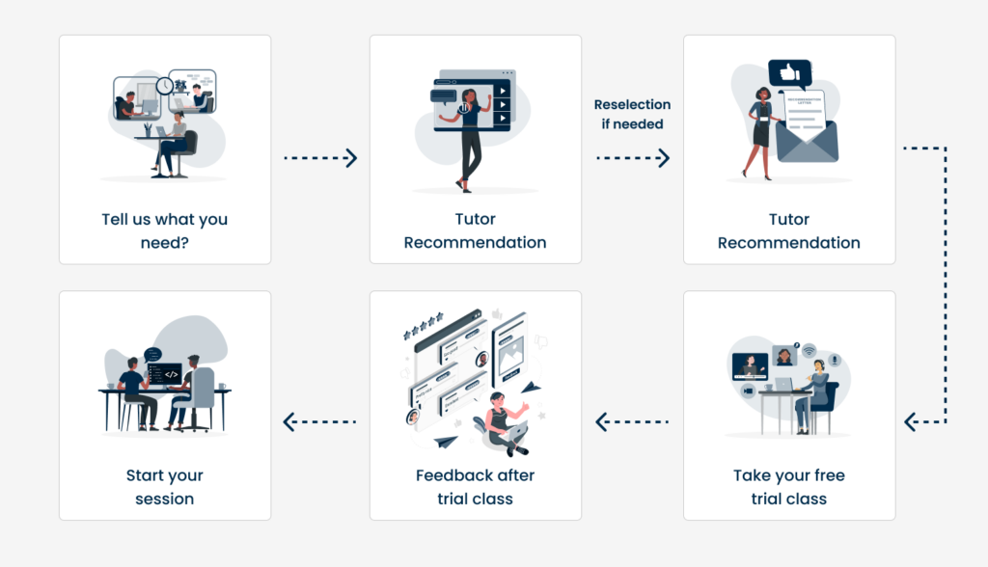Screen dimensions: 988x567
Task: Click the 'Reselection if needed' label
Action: coord(632,114)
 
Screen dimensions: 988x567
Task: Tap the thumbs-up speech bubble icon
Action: coord(789,73)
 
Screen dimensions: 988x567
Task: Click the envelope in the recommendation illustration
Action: coord(808,141)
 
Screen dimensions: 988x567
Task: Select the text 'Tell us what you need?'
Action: coord(164,230)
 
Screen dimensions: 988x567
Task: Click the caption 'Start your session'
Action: coord(164,486)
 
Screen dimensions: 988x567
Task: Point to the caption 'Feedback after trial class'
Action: coord(475,486)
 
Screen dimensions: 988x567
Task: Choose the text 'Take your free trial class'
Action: coord(789,486)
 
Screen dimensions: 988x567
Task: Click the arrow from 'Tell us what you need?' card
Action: coord(320,157)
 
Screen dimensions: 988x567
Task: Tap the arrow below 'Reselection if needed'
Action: coord(633,157)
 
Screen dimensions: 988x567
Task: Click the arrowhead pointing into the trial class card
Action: coord(911,421)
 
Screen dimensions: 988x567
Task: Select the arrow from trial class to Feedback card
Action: coord(632,421)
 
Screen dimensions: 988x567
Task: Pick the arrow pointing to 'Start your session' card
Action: coord(319,421)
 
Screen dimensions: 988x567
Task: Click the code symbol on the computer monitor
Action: coord(172,375)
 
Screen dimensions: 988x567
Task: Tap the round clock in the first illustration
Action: coord(164,85)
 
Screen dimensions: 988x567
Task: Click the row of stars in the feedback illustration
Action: coord(423,325)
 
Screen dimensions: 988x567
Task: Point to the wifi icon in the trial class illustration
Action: coord(810,350)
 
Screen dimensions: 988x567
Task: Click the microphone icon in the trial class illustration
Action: coord(835,360)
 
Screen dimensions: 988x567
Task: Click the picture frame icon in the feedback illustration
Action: coord(511,356)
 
